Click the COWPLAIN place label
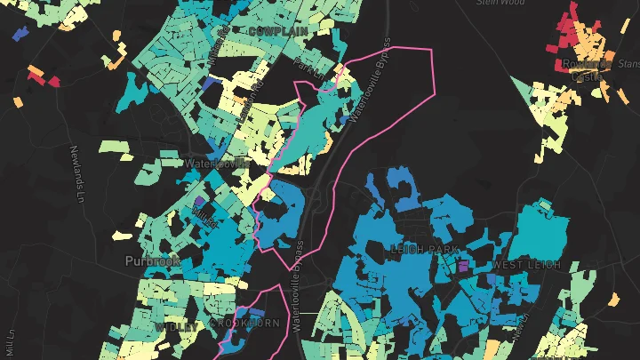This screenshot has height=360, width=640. pos(278,31)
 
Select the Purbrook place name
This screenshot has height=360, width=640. pos(152,261)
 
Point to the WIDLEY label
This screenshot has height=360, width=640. pos(176,327)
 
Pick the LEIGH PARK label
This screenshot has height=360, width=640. pos(424,250)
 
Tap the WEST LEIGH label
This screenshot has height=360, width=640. pos(526,265)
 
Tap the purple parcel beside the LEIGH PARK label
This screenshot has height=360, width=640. pos(462,266)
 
